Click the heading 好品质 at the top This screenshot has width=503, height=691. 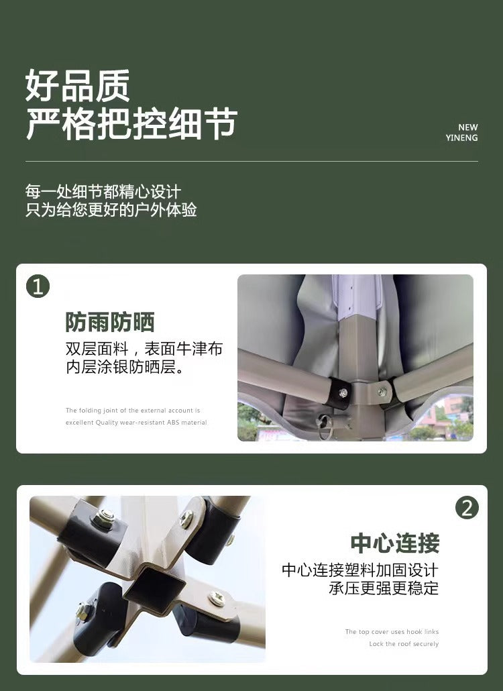(x=78, y=86)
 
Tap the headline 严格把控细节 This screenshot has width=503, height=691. (x=131, y=124)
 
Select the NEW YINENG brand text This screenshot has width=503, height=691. (x=462, y=132)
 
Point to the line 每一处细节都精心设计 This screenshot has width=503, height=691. (x=103, y=192)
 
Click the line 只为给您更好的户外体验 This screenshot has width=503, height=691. (x=111, y=210)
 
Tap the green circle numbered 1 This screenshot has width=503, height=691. (x=38, y=286)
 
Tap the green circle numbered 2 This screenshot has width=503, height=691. (x=467, y=508)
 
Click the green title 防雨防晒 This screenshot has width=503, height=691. (x=110, y=322)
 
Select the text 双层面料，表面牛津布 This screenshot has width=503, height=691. (x=144, y=350)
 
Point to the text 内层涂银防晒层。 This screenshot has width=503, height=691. (x=125, y=368)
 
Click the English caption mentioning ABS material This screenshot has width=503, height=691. (x=136, y=423)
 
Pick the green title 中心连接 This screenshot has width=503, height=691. (x=394, y=543)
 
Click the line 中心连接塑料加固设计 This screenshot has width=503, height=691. (x=359, y=570)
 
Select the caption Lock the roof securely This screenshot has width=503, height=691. (x=404, y=644)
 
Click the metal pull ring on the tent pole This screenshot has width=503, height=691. (x=327, y=425)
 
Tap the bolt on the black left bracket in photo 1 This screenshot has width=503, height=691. (x=343, y=393)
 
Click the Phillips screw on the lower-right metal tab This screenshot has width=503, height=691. (x=216, y=597)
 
